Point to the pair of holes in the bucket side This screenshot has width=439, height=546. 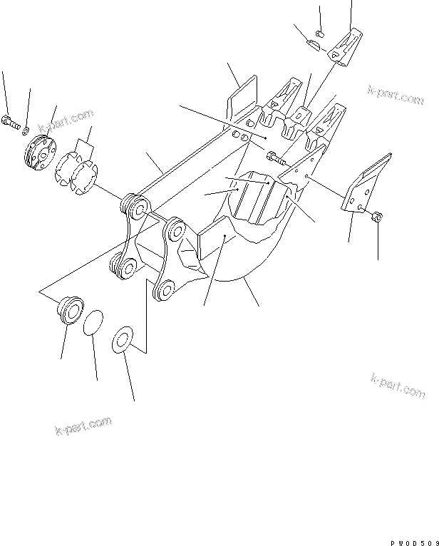click(x=239, y=136)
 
